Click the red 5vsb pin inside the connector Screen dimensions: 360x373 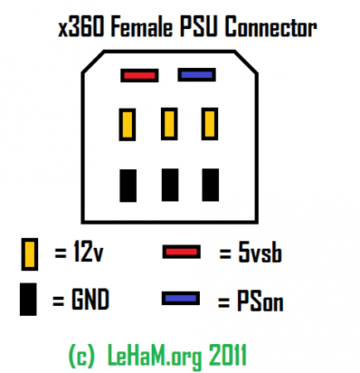coord(139,75)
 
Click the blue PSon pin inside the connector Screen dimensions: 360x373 coord(197,75)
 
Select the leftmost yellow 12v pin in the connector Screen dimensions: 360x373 coord(128,124)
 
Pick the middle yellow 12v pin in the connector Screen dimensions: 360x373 coord(169,124)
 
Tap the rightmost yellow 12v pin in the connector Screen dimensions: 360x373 coord(210,124)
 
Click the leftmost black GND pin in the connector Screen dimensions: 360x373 coord(128,186)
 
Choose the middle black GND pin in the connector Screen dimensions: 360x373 coord(170,185)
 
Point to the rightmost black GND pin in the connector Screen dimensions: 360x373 coord(211,185)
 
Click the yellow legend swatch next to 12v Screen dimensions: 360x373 coord(30,254)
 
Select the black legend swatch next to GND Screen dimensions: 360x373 coord(28,299)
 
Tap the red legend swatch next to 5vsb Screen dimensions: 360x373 coord(182,252)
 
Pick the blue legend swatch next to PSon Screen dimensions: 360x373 coord(181,298)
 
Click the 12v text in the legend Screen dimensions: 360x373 coord(89,251)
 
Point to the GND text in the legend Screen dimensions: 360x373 coord(90,298)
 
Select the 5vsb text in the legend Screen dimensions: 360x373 coord(260,253)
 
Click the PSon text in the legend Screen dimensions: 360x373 coord(260,301)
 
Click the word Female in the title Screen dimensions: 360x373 coord(142,27)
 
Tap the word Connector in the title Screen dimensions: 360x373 coord(270,27)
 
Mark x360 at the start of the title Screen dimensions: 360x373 coord(81,27)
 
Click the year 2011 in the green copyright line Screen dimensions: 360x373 coord(227,355)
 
